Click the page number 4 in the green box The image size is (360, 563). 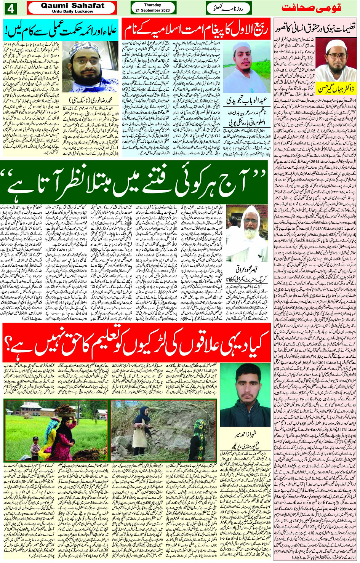click(x=10, y=8)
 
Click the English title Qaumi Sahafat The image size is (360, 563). click(x=72, y=5)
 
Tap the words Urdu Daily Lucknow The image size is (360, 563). click(x=72, y=11)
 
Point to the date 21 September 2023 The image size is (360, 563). click(x=152, y=10)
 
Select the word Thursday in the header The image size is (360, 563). click(x=152, y=5)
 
